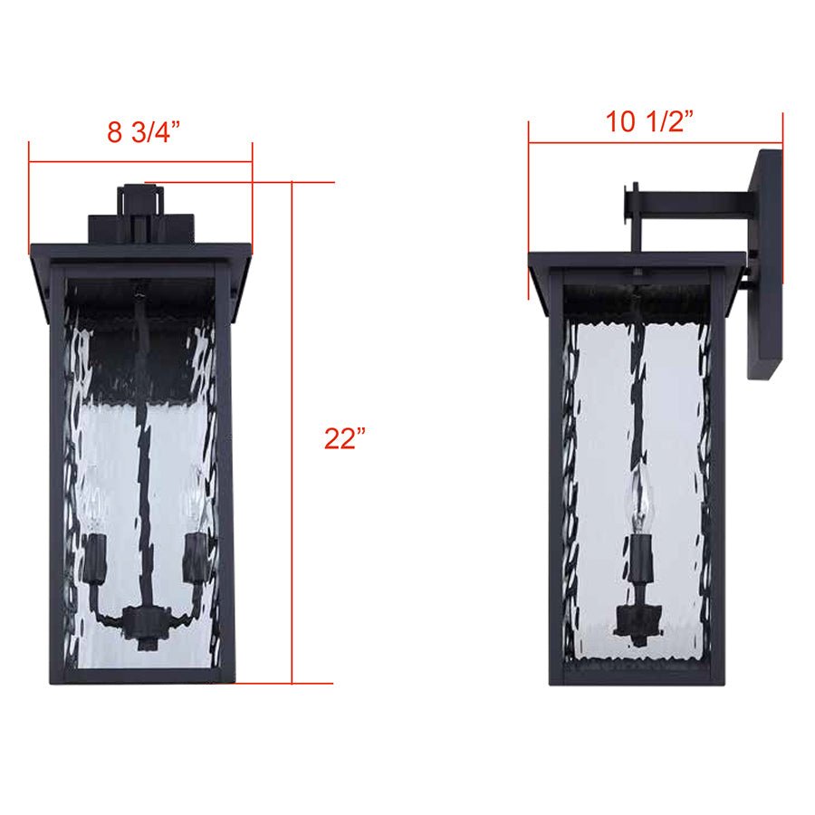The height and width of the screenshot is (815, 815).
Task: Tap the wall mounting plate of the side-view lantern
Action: [764, 263]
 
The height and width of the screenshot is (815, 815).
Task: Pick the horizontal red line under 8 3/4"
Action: [140, 163]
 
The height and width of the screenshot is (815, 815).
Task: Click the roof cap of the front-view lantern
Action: [140, 252]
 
